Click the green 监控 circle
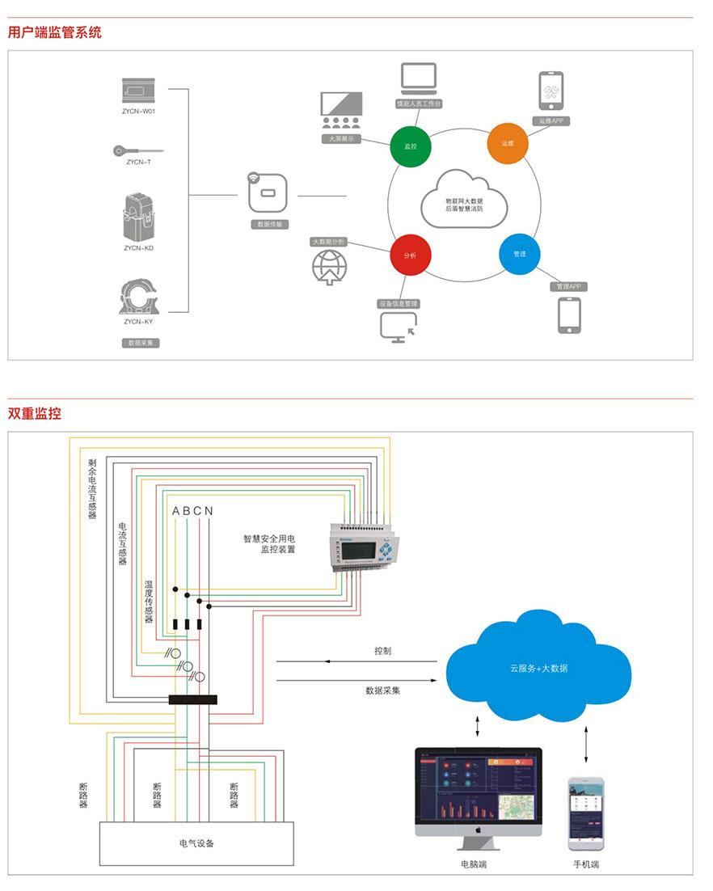[411, 146]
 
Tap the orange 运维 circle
[507, 143]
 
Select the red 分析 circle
[411, 255]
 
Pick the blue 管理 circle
[519, 254]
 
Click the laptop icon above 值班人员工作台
[419, 80]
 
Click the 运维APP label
[551, 120]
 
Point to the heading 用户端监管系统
[55, 32]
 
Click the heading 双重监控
[35, 413]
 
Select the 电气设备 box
[196, 843]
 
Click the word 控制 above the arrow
[383, 651]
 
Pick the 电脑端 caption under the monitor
[474, 865]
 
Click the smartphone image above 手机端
[586, 813]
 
